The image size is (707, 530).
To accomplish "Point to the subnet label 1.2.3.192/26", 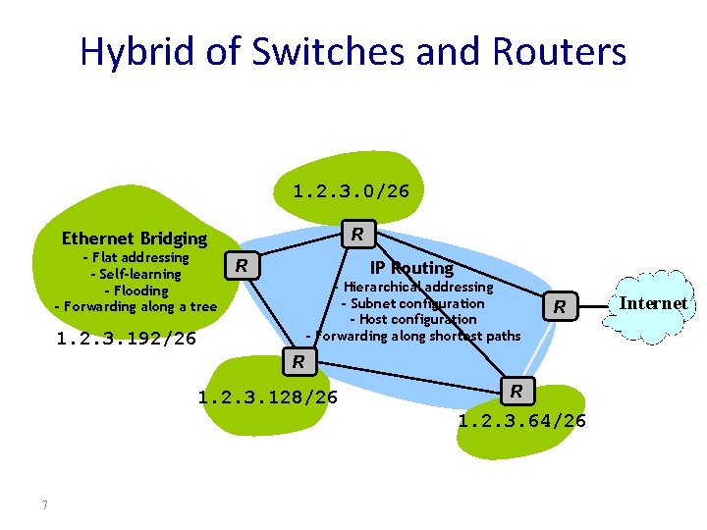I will coord(127,340).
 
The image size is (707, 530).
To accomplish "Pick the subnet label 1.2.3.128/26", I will coord(267,397).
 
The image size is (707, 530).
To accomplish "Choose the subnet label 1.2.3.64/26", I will coord(521,421).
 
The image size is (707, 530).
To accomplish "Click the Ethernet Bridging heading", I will coord(135,238).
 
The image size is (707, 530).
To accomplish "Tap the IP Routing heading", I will coord(411,268).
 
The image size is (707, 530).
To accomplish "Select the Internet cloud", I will coord(653,304).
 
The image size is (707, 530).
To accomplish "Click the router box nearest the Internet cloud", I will coord(559,307).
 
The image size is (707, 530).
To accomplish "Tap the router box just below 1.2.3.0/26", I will coord(358,234).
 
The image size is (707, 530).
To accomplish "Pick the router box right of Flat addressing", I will coord(242,265).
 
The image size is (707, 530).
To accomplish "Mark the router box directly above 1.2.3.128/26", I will coord(299,361).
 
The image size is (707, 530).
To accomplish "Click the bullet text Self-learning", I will coord(136,274).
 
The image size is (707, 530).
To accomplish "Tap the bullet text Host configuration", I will coord(413,319).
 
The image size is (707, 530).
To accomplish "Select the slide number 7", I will coord(45,505).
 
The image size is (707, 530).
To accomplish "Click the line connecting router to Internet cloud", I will coord(595,305).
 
